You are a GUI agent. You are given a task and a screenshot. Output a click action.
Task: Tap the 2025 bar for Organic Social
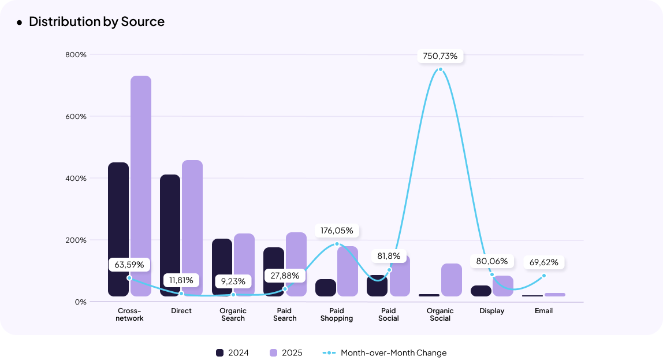452,280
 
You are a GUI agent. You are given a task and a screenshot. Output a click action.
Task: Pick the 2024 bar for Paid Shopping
326,288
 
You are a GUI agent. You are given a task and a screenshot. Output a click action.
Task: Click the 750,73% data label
440,56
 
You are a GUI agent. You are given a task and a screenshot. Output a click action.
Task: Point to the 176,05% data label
337,231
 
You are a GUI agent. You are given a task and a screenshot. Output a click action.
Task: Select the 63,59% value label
129,265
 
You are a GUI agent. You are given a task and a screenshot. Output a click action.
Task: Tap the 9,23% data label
233,281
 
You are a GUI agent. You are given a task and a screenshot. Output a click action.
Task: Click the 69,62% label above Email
543,262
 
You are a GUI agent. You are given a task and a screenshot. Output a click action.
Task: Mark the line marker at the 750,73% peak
441,69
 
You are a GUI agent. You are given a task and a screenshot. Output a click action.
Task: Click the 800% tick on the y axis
76,55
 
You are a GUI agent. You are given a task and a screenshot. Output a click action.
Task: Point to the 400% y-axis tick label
76,178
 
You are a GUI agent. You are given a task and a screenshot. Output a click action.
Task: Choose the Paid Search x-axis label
285,314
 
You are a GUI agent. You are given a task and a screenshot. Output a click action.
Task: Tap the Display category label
492,311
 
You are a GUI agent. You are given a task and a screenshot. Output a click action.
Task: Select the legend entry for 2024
232,352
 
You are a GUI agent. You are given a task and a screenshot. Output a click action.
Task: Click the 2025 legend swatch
274,352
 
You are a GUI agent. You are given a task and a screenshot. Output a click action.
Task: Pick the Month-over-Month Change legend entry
393,352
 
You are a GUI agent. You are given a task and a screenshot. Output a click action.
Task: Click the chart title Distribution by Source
96,21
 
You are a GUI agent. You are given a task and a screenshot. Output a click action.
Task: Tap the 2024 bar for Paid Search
274,272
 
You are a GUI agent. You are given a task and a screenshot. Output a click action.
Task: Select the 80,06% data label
491,261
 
